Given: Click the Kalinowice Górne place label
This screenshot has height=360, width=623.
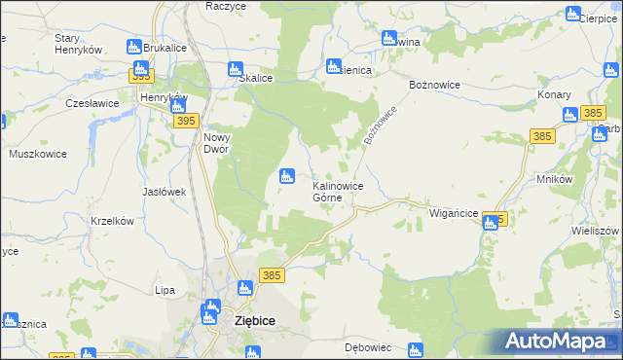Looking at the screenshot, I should (338, 190).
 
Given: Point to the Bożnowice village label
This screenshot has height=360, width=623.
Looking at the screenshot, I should (428, 85).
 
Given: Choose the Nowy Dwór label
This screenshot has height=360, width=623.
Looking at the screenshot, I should (216, 143).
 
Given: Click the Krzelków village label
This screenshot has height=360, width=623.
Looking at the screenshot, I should (111, 221).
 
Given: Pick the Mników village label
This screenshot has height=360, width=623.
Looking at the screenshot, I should (554, 180).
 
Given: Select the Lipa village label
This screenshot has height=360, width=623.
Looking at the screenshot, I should (165, 290).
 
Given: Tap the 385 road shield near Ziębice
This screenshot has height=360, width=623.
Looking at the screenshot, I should (272, 276).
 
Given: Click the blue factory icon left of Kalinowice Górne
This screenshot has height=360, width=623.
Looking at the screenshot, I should (286, 176).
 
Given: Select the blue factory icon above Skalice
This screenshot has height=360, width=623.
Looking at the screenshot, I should (235, 69).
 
